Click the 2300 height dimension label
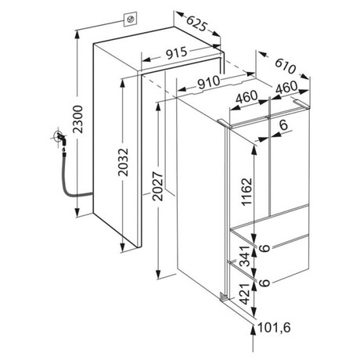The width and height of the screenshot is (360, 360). click(x=77, y=119)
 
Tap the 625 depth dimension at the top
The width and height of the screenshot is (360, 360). click(x=197, y=23)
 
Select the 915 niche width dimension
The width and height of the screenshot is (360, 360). click(x=177, y=53)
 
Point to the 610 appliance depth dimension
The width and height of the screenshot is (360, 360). click(x=286, y=66)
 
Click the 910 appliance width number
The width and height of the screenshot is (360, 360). click(x=208, y=82)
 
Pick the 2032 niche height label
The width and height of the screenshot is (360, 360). click(x=123, y=162)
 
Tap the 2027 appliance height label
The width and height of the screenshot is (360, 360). click(x=158, y=186)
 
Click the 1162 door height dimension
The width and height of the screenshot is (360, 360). click(x=247, y=192)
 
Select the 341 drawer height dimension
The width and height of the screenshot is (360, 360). click(x=245, y=256)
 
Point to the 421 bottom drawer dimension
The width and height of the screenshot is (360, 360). click(x=245, y=293)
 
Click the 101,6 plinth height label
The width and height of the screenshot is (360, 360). click(x=274, y=328)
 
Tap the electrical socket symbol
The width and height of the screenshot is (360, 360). click(x=130, y=20)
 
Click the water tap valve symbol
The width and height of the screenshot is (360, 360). click(x=60, y=138)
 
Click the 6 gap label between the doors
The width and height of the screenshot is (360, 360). click(x=283, y=124)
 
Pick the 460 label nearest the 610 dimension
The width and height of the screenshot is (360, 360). click(x=286, y=88)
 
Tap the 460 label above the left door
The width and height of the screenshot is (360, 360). click(x=247, y=96)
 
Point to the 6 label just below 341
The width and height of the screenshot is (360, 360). click(x=265, y=283)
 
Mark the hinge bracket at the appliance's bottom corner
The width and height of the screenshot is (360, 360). click(x=223, y=297)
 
